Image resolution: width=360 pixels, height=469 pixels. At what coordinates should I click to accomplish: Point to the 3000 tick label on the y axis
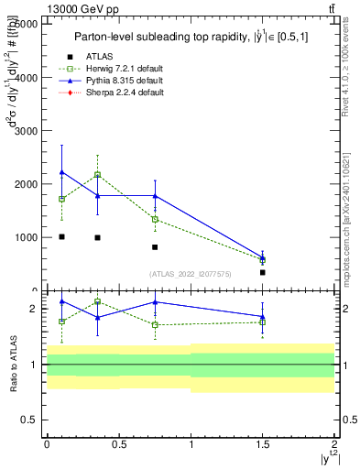pos(25,131)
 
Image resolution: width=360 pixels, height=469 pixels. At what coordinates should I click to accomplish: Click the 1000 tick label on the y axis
pos(25,237)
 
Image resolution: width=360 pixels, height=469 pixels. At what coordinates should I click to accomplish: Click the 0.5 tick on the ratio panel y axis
pos(33,420)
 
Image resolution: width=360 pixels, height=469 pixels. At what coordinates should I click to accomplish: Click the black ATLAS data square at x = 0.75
pos(155,247)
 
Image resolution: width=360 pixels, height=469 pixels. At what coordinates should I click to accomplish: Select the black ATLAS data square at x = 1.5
pos(263,272)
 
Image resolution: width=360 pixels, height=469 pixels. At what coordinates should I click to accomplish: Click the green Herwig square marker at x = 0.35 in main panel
pos(97,174)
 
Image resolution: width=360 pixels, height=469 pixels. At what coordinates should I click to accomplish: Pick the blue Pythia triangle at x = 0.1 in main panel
pos(61,171)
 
